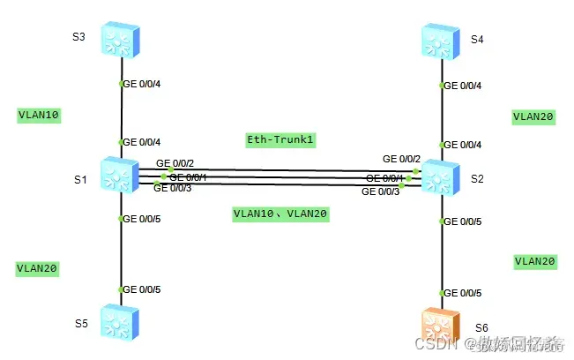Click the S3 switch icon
pos(121,39)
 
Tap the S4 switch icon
pos(441,39)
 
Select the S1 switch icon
pos(121,176)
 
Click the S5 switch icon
pos(121,322)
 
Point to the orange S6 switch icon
pos(441,324)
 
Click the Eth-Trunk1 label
pos(280,139)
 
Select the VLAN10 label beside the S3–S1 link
pos(39,115)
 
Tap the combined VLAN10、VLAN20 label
pos(280,214)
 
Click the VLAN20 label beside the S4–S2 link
pos(534,116)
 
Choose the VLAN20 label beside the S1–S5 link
pos(39,267)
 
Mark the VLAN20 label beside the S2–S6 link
pos(534,261)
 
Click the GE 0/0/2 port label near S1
pos(175,163)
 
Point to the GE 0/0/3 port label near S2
pos(381,191)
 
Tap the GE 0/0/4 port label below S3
pos(142,84)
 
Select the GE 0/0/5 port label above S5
pos(142,289)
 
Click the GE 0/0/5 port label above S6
pos(462,292)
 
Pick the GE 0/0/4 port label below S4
pos(462,86)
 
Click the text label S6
pos(481,327)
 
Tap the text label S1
pos(79,181)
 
